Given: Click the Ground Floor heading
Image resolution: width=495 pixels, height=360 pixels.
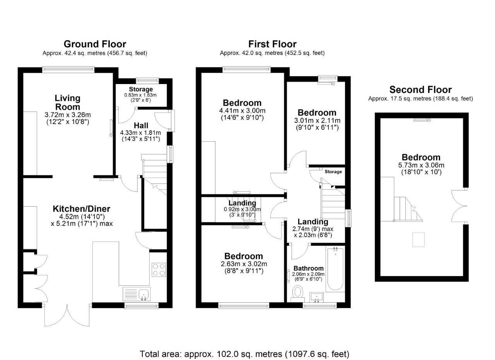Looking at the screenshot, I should pyautogui.click(x=95, y=44).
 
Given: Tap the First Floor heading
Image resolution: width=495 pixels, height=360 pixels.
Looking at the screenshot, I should pyautogui.click(x=272, y=44).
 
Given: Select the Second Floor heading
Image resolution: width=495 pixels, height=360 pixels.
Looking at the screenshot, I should pyautogui.click(x=420, y=90).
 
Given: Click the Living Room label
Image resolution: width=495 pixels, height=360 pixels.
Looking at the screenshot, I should pyautogui.click(x=68, y=103).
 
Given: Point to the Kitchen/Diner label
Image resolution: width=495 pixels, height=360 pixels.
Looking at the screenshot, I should pyautogui.click(x=82, y=209).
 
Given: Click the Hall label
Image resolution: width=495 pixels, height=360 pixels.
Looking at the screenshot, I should pyautogui.click(x=141, y=125).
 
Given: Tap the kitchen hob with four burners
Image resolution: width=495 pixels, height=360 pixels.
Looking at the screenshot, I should pyautogui.click(x=159, y=269).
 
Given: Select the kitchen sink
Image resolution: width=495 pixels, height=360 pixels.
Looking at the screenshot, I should pyautogui.click(x=137, y=294).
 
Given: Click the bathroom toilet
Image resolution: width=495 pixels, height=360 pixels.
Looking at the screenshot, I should pyautogui.click(x=298, y=292).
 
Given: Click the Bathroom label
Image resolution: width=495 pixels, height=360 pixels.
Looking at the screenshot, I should pyautogui.click(x=308, y=268).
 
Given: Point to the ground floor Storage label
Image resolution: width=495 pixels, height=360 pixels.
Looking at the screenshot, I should pyautogui.click(x=141, y=89).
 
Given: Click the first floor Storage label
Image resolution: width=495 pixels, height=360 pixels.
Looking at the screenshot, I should pyautogui.click(x=333, y=171).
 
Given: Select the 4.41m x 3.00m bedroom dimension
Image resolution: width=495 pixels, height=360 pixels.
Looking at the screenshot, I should pyautogui.click(x=242, y=110).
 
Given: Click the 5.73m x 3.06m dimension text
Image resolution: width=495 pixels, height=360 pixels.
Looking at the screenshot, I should pyautogui.click(x=421, y=165).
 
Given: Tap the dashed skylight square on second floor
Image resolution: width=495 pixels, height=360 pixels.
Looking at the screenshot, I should pyautogui.click(x=418, y=239).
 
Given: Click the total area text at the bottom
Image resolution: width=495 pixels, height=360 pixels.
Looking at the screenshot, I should pyautogui.click(x=244, y=354).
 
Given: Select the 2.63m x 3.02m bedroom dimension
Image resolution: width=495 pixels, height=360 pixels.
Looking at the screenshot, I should pyautogui.click(x=244, y=264).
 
